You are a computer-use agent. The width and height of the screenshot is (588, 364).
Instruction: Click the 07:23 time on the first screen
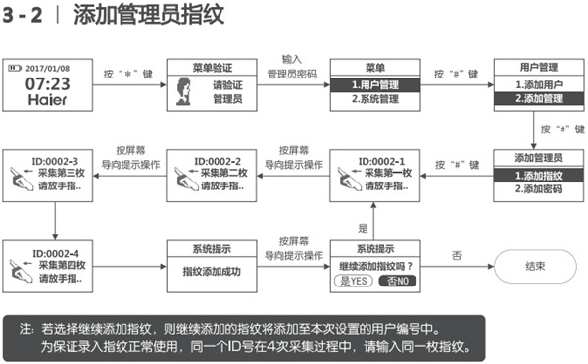click(46, 84)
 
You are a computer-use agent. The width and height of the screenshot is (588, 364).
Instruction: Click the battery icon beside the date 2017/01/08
click(16, 69)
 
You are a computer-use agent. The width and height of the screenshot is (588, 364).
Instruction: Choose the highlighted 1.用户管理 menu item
click(374, 85)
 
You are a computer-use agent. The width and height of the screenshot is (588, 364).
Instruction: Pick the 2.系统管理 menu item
click(374, 100)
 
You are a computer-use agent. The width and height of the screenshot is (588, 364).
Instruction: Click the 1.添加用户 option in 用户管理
click(535, 85)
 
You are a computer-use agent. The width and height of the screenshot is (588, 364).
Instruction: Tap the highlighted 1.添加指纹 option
click(535, 175)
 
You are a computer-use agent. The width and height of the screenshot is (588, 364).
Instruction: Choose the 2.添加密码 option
click(535, 189)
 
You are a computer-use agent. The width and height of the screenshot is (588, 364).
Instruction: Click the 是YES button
click(353, 281)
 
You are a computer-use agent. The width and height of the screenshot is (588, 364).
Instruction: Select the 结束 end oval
click(535, 265)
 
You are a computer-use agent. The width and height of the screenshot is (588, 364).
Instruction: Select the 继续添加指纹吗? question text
click(374, 265)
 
